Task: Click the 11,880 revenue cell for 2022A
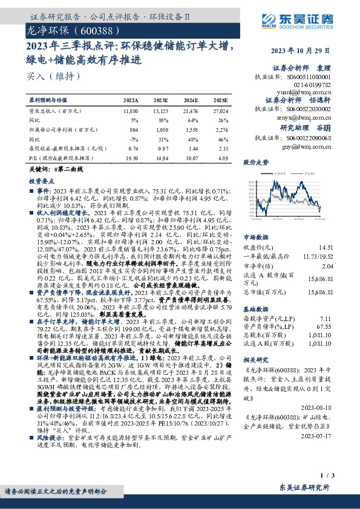point(130,112)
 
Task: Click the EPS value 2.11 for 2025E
point(222,148)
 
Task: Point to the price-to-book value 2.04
point(328,266)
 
